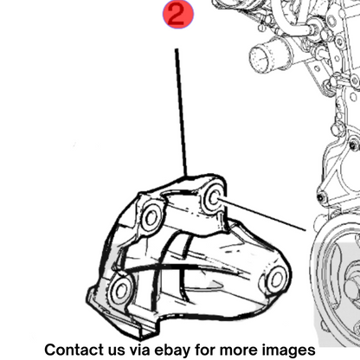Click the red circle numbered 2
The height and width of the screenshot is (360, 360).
[x=178, y=15]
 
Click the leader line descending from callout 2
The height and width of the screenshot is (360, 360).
[x=181, y=112]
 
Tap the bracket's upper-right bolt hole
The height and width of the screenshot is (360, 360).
[x=214, y=197]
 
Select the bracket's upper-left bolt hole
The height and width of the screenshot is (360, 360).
[x=151, y=218]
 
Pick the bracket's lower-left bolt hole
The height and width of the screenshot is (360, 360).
[x=120, y=290]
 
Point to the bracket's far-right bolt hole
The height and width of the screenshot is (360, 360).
[x=277, y=279]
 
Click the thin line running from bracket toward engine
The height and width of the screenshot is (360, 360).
[x=261, y=214]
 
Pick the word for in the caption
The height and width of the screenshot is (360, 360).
[x=205, y=350]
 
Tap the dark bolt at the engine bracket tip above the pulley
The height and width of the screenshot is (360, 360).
[x=321, y=197]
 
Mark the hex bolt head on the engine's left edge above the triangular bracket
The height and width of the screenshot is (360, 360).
[x=337, y=130]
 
